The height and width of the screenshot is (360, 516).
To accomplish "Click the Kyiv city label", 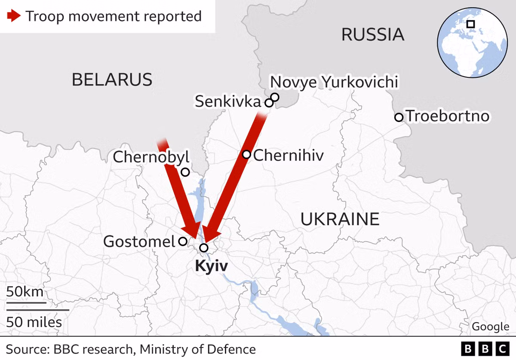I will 211,266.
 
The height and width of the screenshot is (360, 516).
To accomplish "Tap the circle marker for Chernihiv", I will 246,154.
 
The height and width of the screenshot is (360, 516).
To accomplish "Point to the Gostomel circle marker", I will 183,241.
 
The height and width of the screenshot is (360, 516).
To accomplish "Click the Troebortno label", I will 448,116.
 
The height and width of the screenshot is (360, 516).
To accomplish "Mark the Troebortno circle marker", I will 399,117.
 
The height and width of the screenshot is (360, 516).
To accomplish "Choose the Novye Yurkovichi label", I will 334,82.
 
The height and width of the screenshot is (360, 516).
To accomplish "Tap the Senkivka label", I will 228,102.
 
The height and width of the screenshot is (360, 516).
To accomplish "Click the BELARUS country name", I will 112,79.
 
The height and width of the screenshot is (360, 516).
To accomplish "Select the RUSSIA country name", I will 373,34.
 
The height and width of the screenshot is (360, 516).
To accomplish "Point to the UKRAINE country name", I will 340,219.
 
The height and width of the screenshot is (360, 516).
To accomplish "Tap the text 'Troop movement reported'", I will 114,16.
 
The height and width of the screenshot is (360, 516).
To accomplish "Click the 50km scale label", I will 25,292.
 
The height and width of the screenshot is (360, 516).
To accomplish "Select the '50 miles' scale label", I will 34,322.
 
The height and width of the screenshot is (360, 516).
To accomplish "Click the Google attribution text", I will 490,326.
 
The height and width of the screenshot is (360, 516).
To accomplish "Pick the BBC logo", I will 485,348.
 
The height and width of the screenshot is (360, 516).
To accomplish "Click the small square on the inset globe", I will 470,24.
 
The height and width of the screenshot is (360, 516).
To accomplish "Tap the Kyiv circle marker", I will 204,248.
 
